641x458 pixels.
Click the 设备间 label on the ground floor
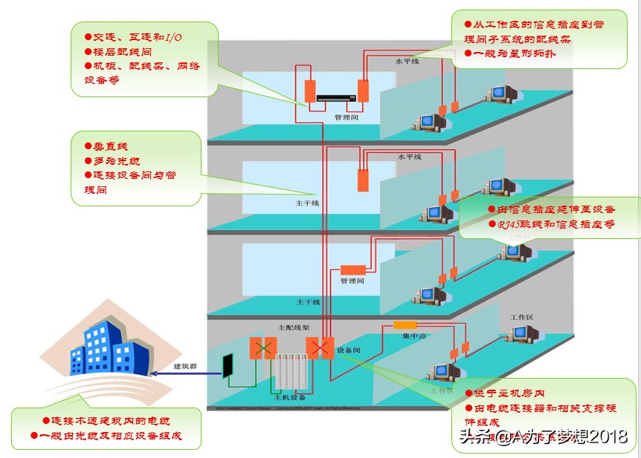point(348,350)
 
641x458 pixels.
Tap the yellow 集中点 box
point(405,325)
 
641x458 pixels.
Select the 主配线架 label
point(289,327)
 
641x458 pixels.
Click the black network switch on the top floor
point(337,96)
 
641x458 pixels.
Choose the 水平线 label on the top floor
point(407,61)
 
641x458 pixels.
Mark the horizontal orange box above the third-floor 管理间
point(353,269)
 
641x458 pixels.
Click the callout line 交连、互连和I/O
point(138,37)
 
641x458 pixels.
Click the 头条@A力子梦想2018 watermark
point(544,436)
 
